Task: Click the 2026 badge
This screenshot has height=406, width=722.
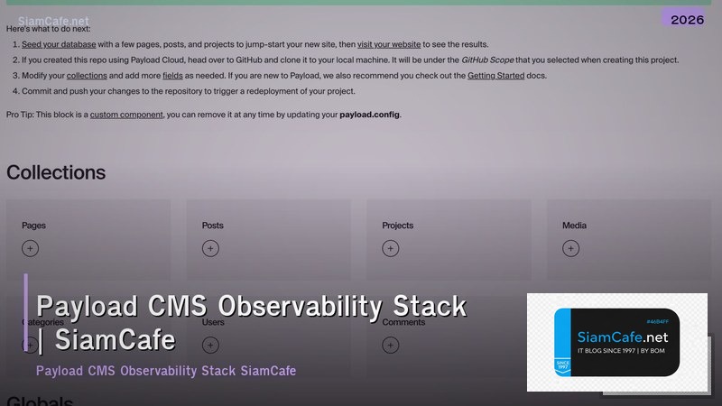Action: (688, 19)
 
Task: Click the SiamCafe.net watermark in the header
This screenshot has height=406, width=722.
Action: (53, 20)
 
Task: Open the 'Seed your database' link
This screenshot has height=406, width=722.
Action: (54, 43)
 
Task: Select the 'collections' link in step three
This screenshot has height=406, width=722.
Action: (87, 76)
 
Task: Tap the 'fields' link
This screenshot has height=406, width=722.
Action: (172, 76)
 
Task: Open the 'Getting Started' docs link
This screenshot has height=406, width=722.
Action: (495, 76)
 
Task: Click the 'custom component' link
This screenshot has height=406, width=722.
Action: (126, 115)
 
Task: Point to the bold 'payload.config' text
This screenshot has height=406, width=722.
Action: (369, 115)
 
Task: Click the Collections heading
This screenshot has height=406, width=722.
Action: (56, 172)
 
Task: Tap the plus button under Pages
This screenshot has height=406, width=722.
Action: (30, 248)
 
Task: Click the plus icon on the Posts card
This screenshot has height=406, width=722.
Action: (210, 248)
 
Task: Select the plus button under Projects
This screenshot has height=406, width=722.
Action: (390, 248)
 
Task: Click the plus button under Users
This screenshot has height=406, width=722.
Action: (210, 344)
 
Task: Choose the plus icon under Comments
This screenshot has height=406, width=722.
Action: (390, 344)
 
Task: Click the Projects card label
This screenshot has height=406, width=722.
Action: (397, 226)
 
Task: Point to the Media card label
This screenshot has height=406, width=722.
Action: (574, 226)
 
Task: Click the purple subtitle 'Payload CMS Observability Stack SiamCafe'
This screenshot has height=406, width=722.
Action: (166, 371)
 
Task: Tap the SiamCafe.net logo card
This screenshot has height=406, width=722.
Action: (617, 342)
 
